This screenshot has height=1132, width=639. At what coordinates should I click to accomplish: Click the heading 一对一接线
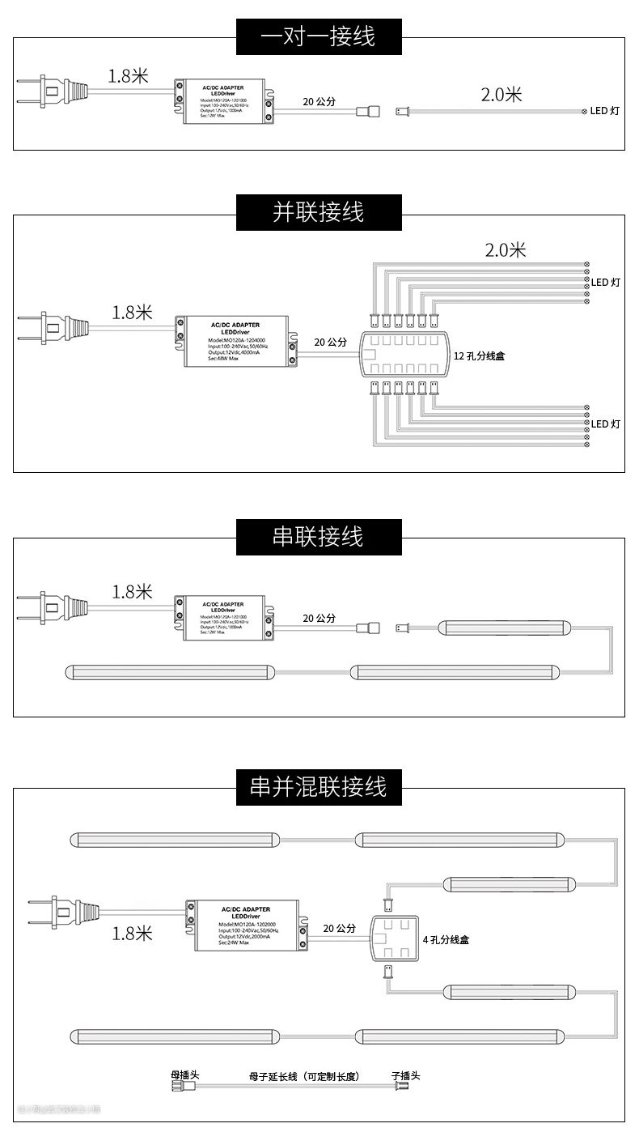point(319,36)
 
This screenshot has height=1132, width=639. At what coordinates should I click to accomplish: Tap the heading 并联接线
point(319,212)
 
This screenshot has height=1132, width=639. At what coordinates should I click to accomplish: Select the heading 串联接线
point(319,536)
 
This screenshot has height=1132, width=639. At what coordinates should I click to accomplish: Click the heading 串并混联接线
point(319,786)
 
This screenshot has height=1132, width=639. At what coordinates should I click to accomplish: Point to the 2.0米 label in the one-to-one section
point(501,95)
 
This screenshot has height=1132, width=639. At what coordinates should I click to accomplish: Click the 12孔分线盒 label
point(479,355)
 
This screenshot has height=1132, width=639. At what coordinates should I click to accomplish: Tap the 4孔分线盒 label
point(446,940)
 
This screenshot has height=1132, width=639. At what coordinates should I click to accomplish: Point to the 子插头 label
point(405,1075)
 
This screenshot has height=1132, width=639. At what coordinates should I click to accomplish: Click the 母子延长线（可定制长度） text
point(303,1077)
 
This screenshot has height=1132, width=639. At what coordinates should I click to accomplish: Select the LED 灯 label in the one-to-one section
point(604,111)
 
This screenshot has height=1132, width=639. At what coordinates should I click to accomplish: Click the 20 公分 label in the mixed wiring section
point(339,928)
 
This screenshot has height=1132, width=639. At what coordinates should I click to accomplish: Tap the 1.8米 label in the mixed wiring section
point(132,934)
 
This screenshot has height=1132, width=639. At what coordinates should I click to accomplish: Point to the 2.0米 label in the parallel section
point(506,250)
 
